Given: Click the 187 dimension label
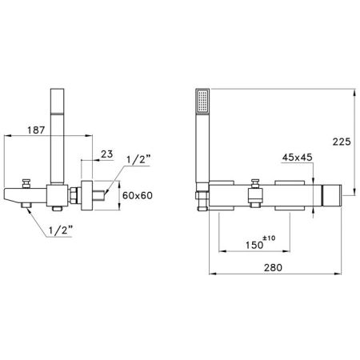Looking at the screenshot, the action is coord(36,130).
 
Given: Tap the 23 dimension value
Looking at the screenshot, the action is coord(107,154).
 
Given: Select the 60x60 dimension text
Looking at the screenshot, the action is coord(138,196).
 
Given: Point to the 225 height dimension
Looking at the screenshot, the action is coord(342,142).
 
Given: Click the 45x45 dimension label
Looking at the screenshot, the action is coord(297,158).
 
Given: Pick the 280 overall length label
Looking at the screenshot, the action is coord(273,267).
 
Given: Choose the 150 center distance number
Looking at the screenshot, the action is coord(254,245).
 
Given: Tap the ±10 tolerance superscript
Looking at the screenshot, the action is coord(269,238).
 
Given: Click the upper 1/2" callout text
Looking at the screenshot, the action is coord(138,160).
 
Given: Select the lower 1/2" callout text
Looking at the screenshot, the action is coord(61,230).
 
